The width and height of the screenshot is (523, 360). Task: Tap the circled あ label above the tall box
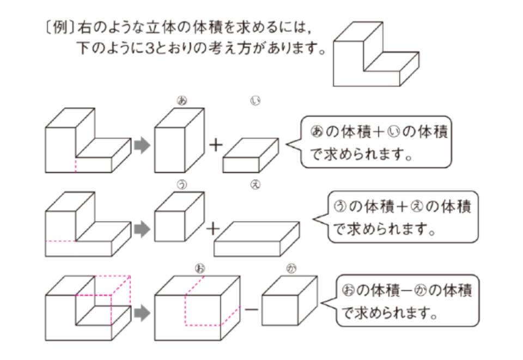click(181, 100)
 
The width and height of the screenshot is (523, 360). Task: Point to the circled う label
click(181, 186)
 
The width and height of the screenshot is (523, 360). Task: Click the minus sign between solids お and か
click(251, 309)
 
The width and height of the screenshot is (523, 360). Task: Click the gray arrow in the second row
click(142, 228)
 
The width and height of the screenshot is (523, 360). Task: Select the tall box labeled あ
click(180, 139)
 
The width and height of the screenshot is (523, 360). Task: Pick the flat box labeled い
click(251, 155)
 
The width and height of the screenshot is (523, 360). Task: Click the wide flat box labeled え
click(257, 239)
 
